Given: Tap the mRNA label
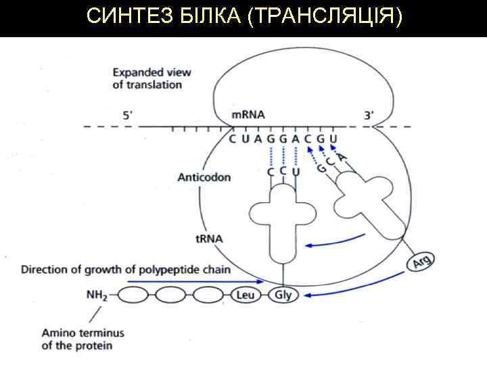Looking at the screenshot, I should (248, 114).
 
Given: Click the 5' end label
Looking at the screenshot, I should (128, 115).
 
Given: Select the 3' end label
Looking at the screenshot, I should (369, 115).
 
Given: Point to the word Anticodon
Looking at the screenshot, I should (204, 177).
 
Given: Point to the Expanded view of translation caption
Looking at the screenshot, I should (152, 78).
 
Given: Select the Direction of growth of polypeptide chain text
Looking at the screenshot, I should (126, 270).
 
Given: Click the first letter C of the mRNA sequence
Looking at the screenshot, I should (233, 139).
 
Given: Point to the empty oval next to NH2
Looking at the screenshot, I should (134, 295).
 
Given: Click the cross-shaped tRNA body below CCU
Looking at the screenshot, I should (282, 216).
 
